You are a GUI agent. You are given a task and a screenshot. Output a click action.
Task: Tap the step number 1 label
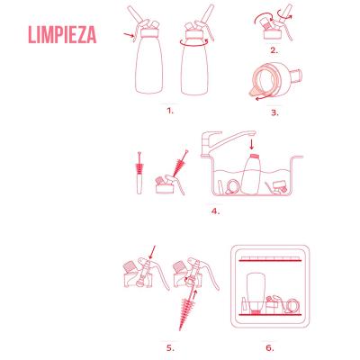169,111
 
